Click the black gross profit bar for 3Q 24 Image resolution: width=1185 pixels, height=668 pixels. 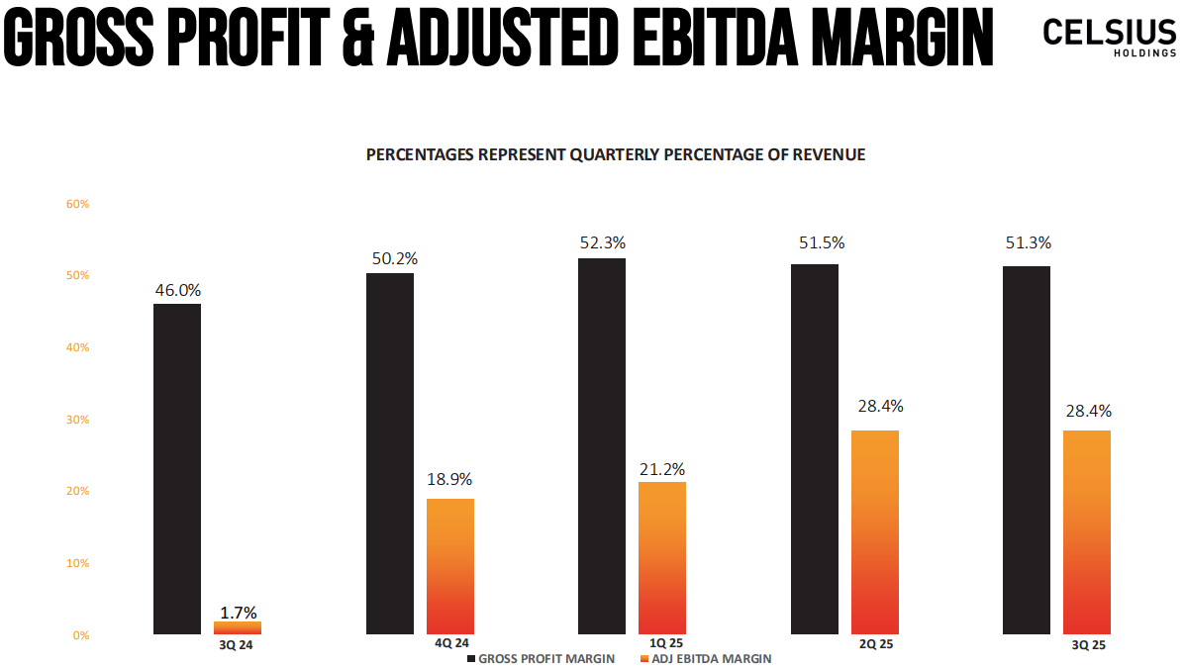click(177, 468)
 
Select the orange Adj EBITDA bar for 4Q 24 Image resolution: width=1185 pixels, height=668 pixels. click(449, 566)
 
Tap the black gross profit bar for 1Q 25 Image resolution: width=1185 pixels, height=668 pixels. click(602, 445)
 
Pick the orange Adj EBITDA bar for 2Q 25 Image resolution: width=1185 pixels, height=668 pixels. click(875, 531)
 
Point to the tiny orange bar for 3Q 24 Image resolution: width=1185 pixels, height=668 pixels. click(238, 627)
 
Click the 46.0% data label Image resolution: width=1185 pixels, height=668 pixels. click(178, 291)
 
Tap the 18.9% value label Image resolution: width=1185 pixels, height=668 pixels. click(449, 479)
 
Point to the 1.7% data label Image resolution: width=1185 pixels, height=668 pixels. click(238, 613)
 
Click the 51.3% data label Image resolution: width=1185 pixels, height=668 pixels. click(1027, 243)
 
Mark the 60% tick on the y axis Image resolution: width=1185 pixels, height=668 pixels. click(77, 204)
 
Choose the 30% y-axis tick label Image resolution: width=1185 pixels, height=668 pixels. click(77, 420)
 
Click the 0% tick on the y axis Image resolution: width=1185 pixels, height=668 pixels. click(80, 635)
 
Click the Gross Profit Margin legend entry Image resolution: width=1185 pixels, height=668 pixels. click(540, 658)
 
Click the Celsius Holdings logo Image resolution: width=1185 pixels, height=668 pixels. click(1109, 38)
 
